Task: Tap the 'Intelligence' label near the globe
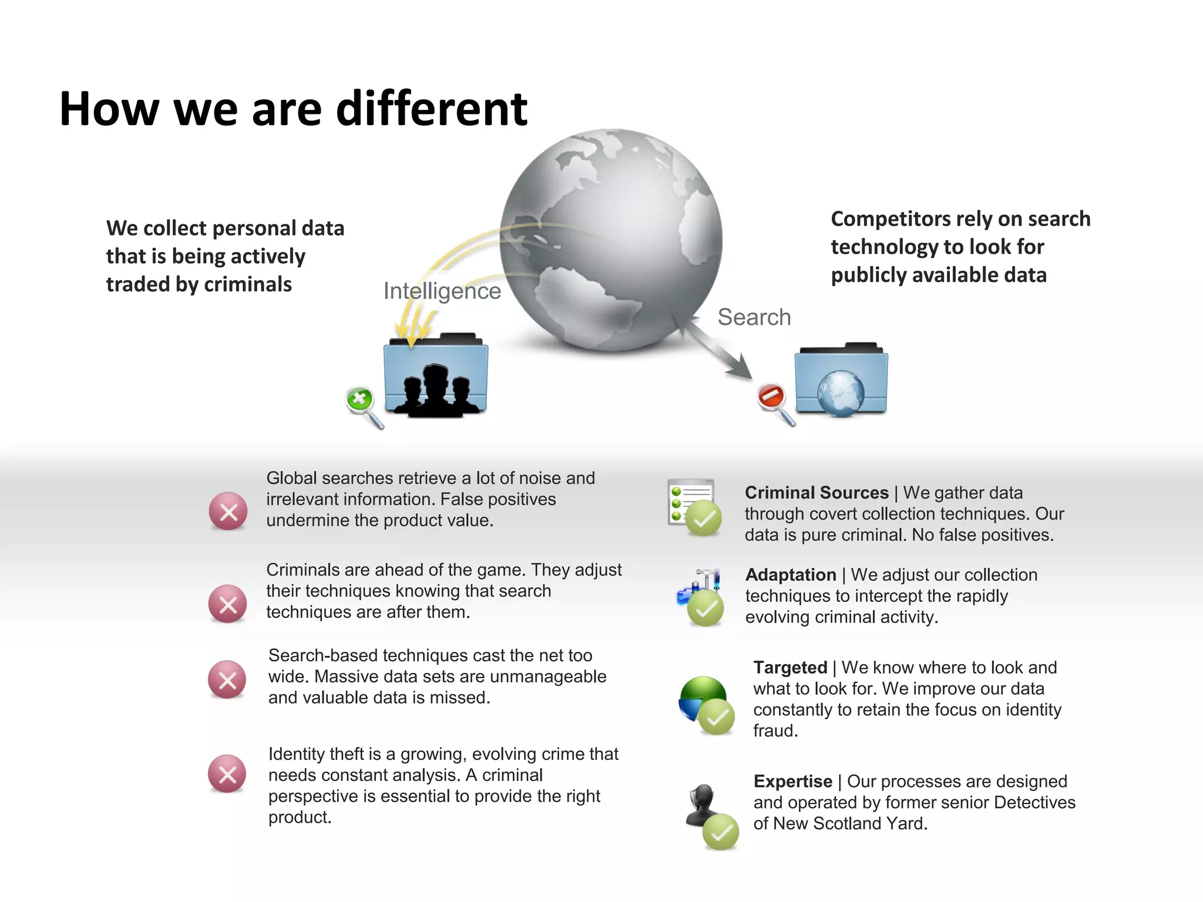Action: tap(442, 291)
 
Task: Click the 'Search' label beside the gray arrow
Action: tap(754, 317)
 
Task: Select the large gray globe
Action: tap(611, 241)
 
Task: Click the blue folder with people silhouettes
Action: tap(435, 376)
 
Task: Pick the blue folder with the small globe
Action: tap(841, 381)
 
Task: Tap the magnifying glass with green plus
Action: tap(363, 405)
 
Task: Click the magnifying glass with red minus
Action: tap(774, 402)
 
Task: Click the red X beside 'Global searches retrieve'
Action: tap(228, 511)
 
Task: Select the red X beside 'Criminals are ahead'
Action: tap(228, 604)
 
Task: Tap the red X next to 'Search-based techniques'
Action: tap(227, 680)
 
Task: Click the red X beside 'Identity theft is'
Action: tap(227, 774)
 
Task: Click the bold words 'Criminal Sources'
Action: tap(816, 493)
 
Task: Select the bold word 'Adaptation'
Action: tap(791, 575)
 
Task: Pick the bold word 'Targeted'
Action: tap(790, 668)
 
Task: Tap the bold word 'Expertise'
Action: tap(793, 782)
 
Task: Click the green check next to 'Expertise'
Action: tap(721, 832)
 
